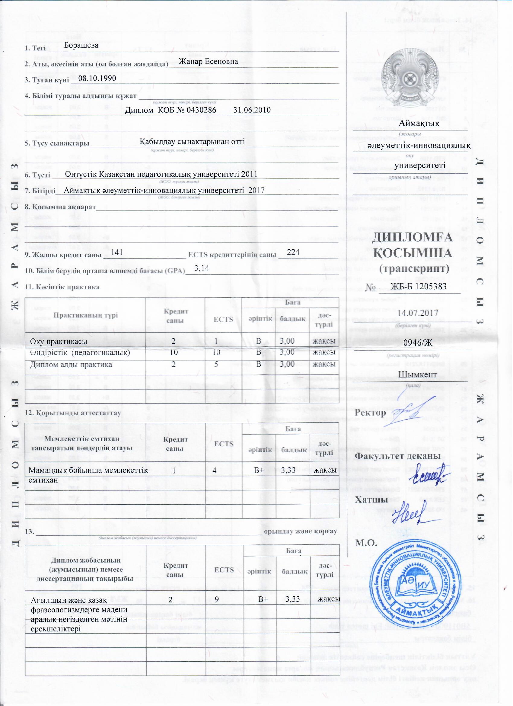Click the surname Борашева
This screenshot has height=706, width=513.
point(81,45)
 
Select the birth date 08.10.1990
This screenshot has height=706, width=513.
point(97,78)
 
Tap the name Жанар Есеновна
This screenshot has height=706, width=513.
point(208,61)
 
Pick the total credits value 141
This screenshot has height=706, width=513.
point(117,252)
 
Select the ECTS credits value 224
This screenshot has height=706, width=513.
point(293,252)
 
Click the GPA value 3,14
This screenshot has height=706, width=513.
point(201,268)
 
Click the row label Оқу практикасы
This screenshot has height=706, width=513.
point(59,342)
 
